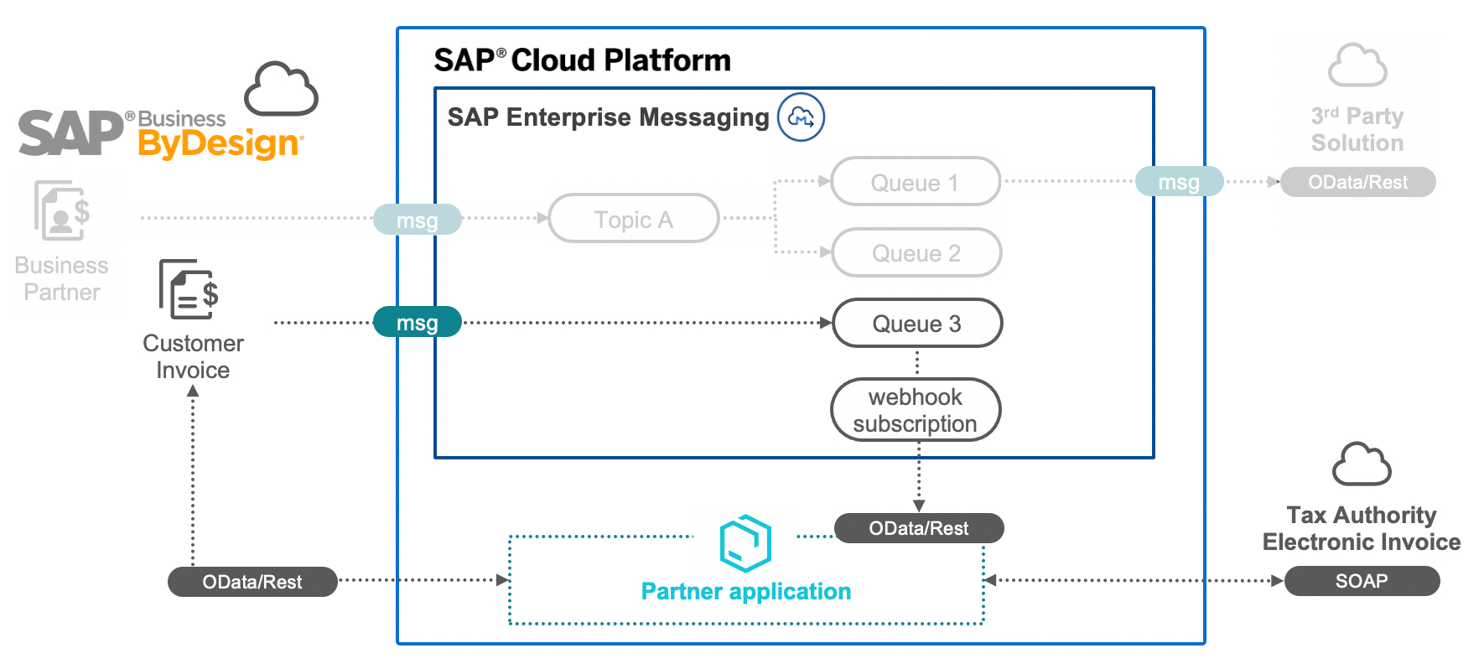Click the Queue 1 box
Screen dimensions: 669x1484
click(916, 182)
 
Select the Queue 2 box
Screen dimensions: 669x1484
click(916, 252)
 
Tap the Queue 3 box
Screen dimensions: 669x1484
click(917, 324)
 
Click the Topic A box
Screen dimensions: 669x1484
click(634, 219)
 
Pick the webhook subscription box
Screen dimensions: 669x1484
click(916, 410)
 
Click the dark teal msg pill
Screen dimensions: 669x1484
click(417, 323)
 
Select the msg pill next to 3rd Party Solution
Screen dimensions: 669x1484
click(1179, 182)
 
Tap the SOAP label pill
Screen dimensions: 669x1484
click(1362, 581)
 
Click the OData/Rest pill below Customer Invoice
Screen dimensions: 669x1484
click(252, 582)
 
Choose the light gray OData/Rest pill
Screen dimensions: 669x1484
click(1357, 182)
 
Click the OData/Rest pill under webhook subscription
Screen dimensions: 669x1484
click(919, 528)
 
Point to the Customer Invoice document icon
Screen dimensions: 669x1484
click(189, 290)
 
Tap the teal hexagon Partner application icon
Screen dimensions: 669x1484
click(745, 543)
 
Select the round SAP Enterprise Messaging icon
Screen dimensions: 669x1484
click(801, 117)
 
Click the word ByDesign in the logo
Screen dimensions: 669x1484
click(220, 144)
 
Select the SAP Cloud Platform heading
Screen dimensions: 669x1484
click(582, 60)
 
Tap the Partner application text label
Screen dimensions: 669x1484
click(745, 592)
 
